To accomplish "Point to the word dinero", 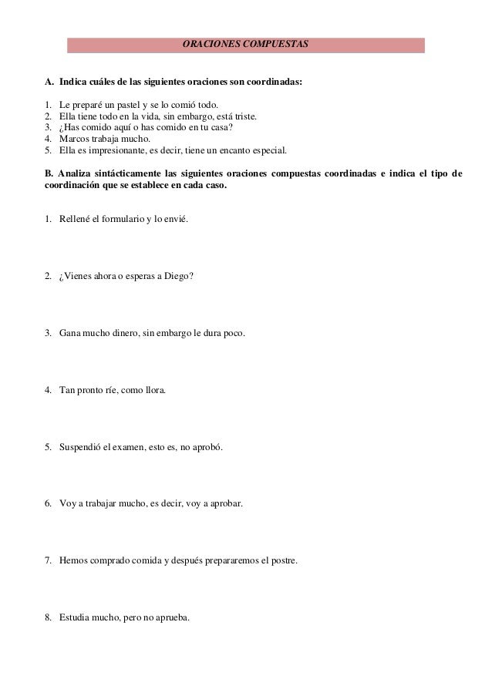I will coord(118,333).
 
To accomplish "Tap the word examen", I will coord(130,447).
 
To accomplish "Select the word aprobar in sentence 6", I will coord(227,504).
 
